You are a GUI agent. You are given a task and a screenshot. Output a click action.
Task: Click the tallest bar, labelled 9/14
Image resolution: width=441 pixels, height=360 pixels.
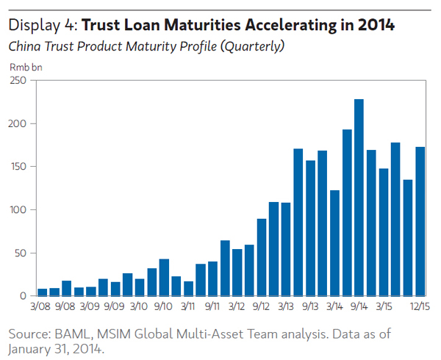(359, 198)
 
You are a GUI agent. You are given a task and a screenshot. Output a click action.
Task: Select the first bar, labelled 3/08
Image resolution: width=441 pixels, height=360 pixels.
(42, 292)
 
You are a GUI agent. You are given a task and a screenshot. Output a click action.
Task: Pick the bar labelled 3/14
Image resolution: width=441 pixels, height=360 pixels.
(334, 242)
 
